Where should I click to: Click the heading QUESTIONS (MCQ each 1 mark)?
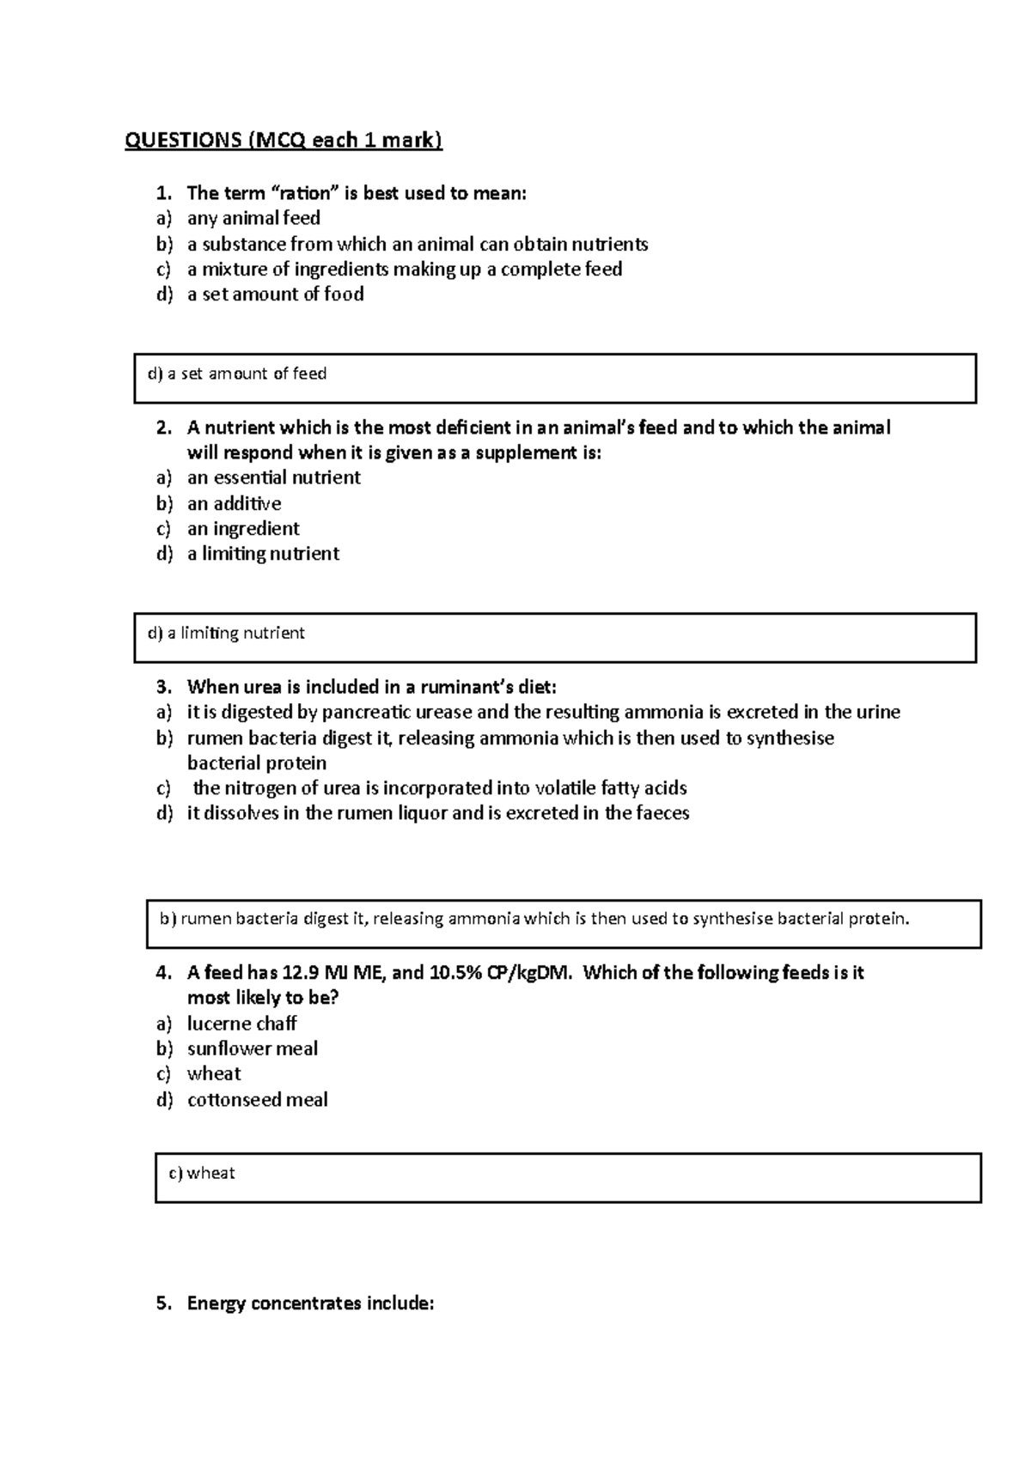(x=284, y=140)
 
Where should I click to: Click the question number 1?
(x=163, y=193)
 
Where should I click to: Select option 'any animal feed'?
(x=253, y=218)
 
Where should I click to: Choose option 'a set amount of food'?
(x=275, y=294)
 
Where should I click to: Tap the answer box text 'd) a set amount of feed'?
(x=237, y=374)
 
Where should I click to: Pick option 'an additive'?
(x=234, y=503)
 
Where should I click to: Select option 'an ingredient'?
(x=243, y=528)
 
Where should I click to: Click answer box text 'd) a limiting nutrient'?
(x=226, y=633)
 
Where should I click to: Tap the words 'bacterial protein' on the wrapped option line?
(x=257, y=762)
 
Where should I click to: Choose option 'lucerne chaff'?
(x=241, y=1024)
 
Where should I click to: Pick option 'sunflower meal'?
(x=253, y=1048)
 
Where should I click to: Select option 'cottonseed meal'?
(x=257, y=1099)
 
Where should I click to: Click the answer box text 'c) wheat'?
(x=202, y=1173)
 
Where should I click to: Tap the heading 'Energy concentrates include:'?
(x=310, y=1303)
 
